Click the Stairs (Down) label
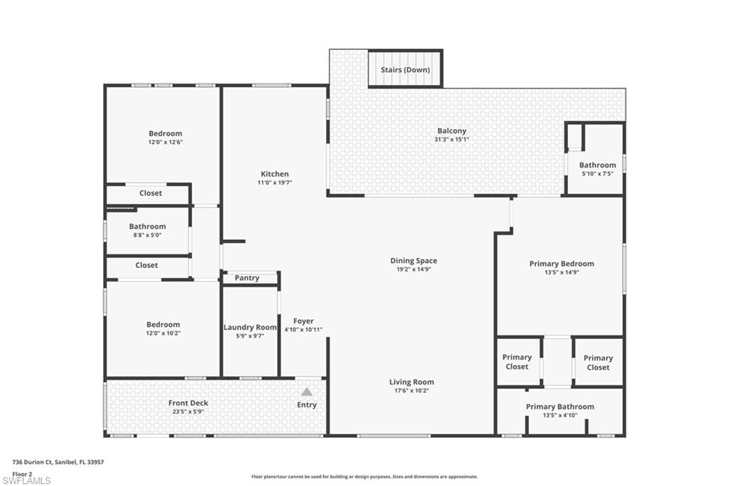pos(404,70)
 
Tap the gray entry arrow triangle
pos(306,391)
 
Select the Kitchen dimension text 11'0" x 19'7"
pos(275,183)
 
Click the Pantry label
pos(247,278)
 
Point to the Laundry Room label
pos(249,327)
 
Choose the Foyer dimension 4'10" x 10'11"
pos(303,329)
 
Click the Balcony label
pos(451,130)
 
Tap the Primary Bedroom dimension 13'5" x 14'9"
pos(561,272)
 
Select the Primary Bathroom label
pos(560,407)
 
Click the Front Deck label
pos(189,403)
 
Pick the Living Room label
pos(411,382)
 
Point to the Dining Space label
pos(414,261)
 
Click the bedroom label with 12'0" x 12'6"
pos(165,133)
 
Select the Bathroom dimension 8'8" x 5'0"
pos(147,235)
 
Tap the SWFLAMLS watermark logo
pos(27,480)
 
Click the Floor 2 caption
pos(22,472)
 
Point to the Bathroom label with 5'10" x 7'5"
pos(597,165)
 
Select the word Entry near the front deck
pos(307,405)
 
